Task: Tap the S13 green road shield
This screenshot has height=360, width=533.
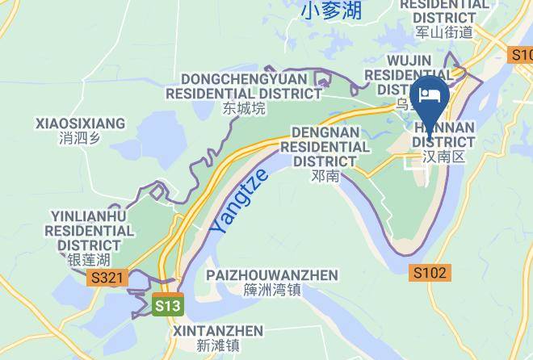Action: pos(168,306)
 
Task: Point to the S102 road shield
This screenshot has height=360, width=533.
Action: pos(427,272)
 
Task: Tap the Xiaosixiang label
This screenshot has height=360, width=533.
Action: pos(81,123)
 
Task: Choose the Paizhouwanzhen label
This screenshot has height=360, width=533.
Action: pos(272,275)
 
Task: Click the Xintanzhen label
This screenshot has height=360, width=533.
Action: pos(218,331)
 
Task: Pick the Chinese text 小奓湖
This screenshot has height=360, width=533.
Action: pos(332,11)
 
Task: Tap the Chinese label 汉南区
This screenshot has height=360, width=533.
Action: pos(444,157)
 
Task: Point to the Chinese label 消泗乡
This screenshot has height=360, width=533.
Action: pos(80,138)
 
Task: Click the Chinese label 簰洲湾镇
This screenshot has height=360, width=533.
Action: pos(272,291)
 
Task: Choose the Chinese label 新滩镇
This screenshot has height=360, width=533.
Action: pos(218,345)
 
